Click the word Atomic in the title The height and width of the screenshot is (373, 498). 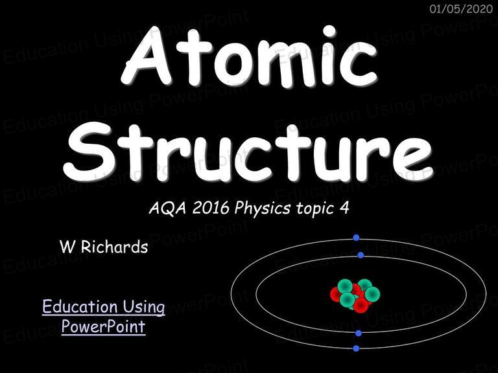coord(249,56)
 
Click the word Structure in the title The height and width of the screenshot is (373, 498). coord(248,150)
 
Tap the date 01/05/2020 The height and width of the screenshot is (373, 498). coord(461,8)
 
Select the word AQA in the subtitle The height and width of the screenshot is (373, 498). coord(167,208)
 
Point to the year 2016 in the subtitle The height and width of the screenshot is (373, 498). coord(211,208)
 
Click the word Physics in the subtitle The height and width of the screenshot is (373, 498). coord(263,209)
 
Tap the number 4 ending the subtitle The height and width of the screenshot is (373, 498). coord(344,208)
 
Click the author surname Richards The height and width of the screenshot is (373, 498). coord(114,247)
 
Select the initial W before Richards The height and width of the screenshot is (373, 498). coord(67,247)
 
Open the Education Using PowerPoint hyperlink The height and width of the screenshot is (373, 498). coord(104,317)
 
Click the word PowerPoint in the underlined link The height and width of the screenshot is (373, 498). coord(104,326)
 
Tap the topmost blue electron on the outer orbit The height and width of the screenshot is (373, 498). coord(356,238)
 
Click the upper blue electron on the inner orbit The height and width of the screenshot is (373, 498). coord(361,255)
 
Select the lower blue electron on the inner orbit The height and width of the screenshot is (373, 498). coord(359,333)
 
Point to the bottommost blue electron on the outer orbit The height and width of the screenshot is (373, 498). coord(356,348)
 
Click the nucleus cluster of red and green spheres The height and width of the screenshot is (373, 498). coord(355,295)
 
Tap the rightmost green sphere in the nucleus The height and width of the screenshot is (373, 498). coord(372,294)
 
